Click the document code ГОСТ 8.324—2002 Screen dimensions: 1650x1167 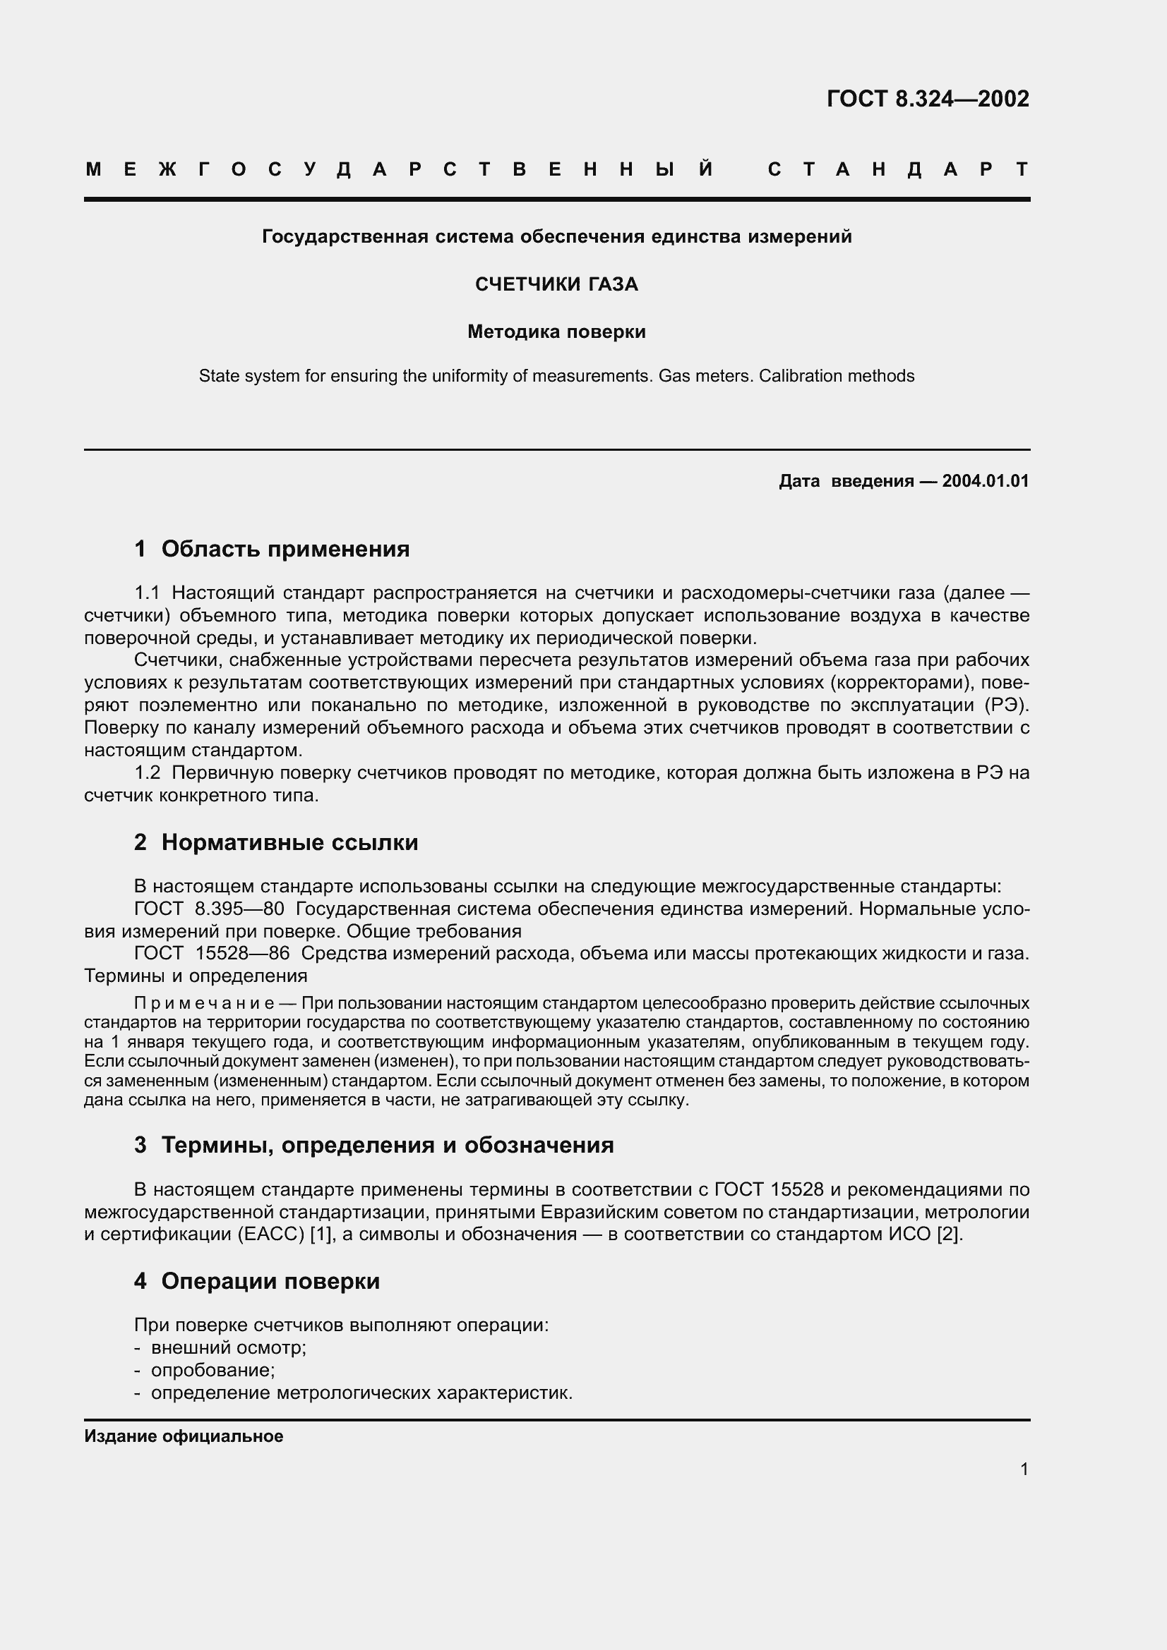click(928, 99)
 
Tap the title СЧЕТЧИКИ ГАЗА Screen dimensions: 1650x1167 click(556, 284)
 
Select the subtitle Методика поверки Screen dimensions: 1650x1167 click(556, 332)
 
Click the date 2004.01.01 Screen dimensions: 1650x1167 click(985, 481)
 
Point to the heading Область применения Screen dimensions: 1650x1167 click(285, 549)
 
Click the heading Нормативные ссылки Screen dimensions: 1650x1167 click(289, 842)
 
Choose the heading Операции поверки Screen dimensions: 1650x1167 click(270, 1280)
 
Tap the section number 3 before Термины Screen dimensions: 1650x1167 click(140, 1145)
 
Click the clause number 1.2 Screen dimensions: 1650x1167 click(148, 772)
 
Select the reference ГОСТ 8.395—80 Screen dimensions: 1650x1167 click(208, 909)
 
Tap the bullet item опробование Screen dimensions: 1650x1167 click(213, 1370)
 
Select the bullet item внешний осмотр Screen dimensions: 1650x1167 click(229, 1347)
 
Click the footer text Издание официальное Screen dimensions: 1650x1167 click(184, 1436)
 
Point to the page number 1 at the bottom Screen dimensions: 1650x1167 click(1024, 1469)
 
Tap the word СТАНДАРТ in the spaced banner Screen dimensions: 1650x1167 click(898, 169)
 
